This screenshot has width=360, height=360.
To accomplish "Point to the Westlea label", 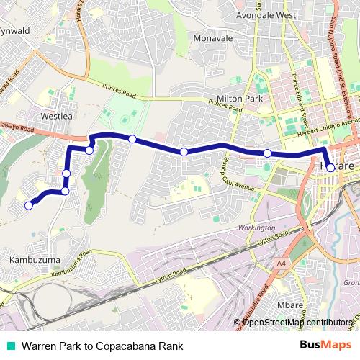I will pos(58,114).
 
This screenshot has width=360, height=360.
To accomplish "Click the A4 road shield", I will pos(281,264).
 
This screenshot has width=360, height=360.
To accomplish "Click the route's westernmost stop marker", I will pos(29,205).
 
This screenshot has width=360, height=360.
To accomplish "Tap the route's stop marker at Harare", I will pos(330,168).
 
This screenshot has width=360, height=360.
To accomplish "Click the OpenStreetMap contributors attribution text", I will pos(297,322).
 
